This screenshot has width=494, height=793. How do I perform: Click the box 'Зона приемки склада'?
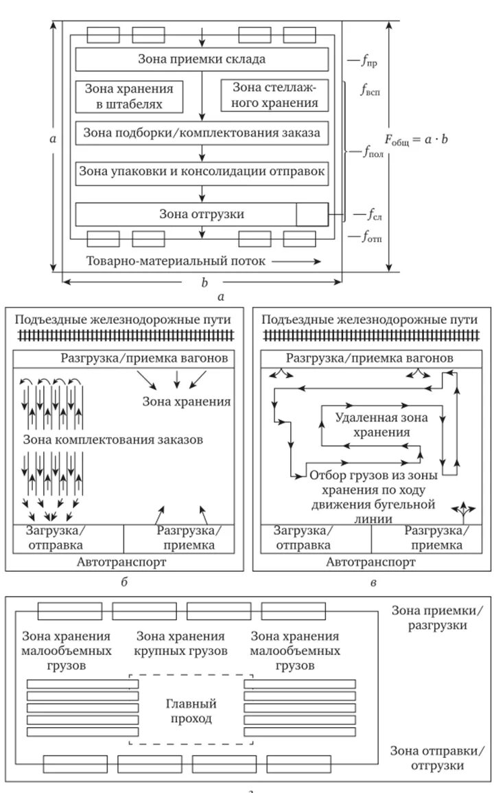tap(202, 59)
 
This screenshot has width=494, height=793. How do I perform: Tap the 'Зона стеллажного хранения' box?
tap(275, 95)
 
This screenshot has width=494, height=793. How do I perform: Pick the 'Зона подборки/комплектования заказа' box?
tap(202, 133)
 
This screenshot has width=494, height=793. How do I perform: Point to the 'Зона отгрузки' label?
tap(201, 214)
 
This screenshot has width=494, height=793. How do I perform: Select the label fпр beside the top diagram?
tap(368, 62)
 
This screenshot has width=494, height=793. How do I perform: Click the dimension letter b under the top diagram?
tap(204, 283)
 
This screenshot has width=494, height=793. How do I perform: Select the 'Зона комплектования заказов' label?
tap(113, 439)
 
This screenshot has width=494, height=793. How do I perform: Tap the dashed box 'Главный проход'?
tap(191, 711)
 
